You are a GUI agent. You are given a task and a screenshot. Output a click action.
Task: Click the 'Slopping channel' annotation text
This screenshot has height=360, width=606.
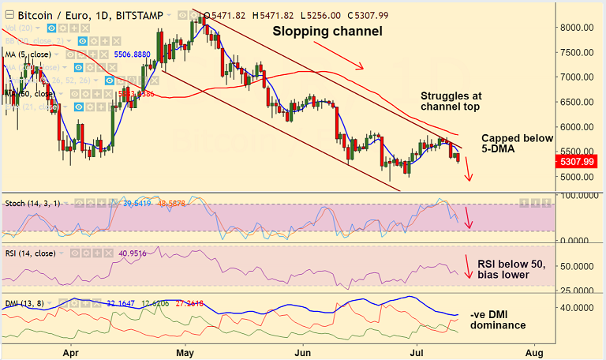click(327, 32)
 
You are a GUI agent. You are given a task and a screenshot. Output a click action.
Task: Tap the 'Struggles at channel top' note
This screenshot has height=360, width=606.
click(451, 100)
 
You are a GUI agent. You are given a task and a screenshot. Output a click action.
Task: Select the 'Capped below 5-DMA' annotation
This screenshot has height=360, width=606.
click(517, 143)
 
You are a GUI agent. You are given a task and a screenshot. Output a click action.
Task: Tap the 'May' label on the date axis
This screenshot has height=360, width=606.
click(186, 351)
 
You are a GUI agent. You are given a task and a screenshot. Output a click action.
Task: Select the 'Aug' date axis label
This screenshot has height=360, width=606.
click(534, 351)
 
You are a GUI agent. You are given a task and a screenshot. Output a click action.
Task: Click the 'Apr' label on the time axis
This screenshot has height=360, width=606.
click(72, 351)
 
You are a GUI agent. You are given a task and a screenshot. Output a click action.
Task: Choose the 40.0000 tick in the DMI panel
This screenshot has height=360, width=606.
click(577, 307)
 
